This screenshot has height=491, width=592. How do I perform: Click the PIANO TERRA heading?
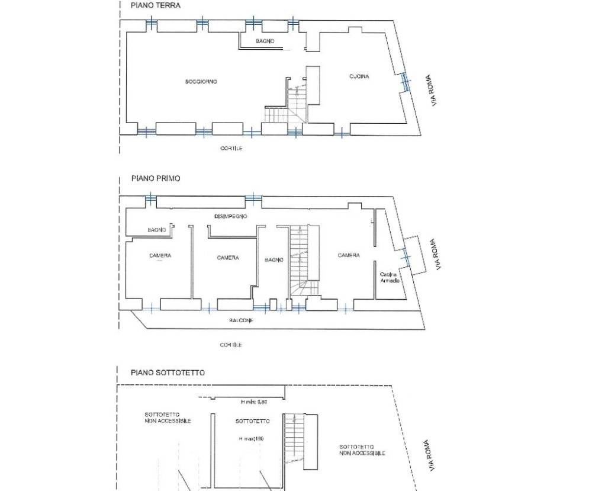tap(156, 6)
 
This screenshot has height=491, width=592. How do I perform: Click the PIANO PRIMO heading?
tap(156, 178)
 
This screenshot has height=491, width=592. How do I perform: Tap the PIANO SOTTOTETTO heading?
tap(168, 373)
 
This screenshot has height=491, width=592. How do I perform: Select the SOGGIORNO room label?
tap(201, 82)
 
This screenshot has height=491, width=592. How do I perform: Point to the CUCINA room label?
tap(359, 76)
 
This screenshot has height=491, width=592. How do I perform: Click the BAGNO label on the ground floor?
tap(265, 41)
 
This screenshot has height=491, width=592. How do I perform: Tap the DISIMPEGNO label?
tap(231, 216)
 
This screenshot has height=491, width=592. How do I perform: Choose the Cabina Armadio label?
tap(390, 278)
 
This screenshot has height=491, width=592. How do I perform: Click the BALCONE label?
tap(242, 320)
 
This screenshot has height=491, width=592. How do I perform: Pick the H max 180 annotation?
tap(251, 439)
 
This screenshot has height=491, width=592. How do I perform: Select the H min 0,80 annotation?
tap(254, 402)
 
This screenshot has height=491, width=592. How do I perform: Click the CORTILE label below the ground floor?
tap(231, 149)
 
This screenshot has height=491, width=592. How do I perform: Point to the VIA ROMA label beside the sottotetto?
tap(430, 455)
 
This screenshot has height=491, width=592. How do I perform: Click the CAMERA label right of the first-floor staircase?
tap(349, 255)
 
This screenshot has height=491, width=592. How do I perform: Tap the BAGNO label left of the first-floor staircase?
tap(274, 260)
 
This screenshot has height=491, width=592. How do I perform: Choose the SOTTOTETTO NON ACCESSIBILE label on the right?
tap(362, 450)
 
